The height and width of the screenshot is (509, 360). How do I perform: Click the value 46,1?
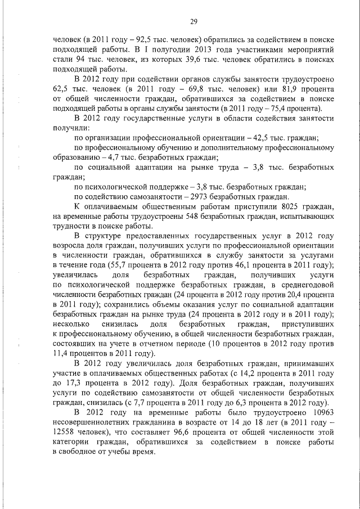pyautogui.click(x=249, y=265)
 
